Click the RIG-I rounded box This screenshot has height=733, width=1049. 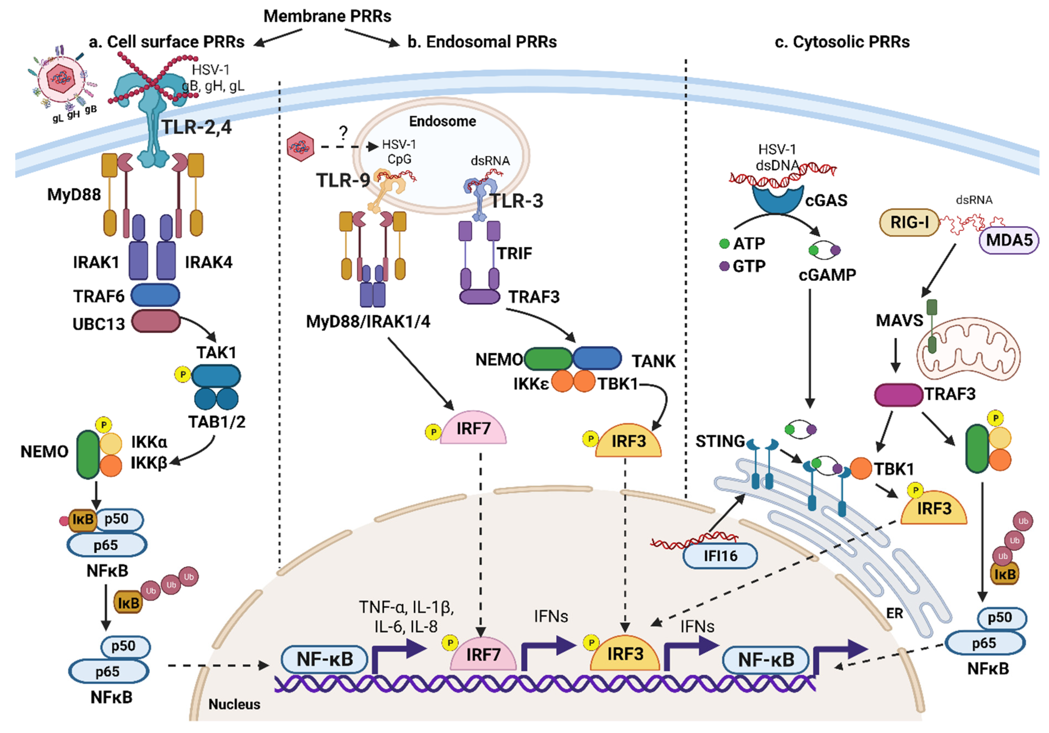pos(909,223)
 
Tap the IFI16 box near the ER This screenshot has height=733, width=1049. pos(720,556)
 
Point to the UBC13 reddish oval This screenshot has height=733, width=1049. pos(156,321)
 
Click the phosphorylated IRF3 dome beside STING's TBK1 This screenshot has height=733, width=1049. pos(933,509)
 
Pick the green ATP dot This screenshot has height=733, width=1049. pos(724,243)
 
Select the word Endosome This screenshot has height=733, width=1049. pos(442,122)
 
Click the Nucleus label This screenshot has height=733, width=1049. pos(234,704)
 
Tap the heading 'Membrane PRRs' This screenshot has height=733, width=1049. pos(327,16)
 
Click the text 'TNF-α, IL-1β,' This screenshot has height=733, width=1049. pos(406,607)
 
